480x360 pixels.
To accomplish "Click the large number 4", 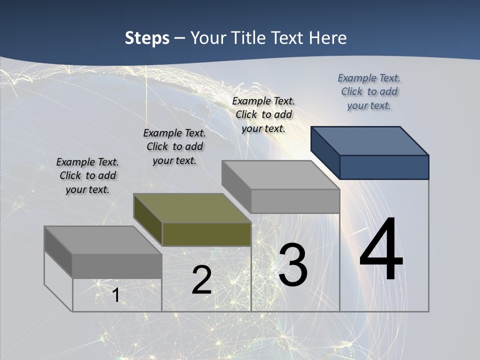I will [381, 250].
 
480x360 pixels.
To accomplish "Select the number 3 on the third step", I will [293, 265].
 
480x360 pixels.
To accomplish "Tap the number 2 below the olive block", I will [201, 280].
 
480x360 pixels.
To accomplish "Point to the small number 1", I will [115, 295].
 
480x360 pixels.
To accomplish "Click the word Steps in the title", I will [147, 38].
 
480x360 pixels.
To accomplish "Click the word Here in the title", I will [328, 38].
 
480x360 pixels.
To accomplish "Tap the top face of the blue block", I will [370, 140].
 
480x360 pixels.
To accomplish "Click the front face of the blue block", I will [384, 167].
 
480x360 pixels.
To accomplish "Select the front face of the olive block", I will [206, 234].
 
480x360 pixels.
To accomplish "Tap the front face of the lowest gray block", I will [117, 266].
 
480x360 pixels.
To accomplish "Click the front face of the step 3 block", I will [295, 201].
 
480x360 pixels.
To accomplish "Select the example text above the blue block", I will [369, 92].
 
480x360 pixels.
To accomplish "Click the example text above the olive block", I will [174, 147].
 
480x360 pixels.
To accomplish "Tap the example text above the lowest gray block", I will [87, 176].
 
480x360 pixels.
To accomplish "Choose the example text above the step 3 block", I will [263, 115].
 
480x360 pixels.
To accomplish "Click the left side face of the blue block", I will [325, 152].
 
